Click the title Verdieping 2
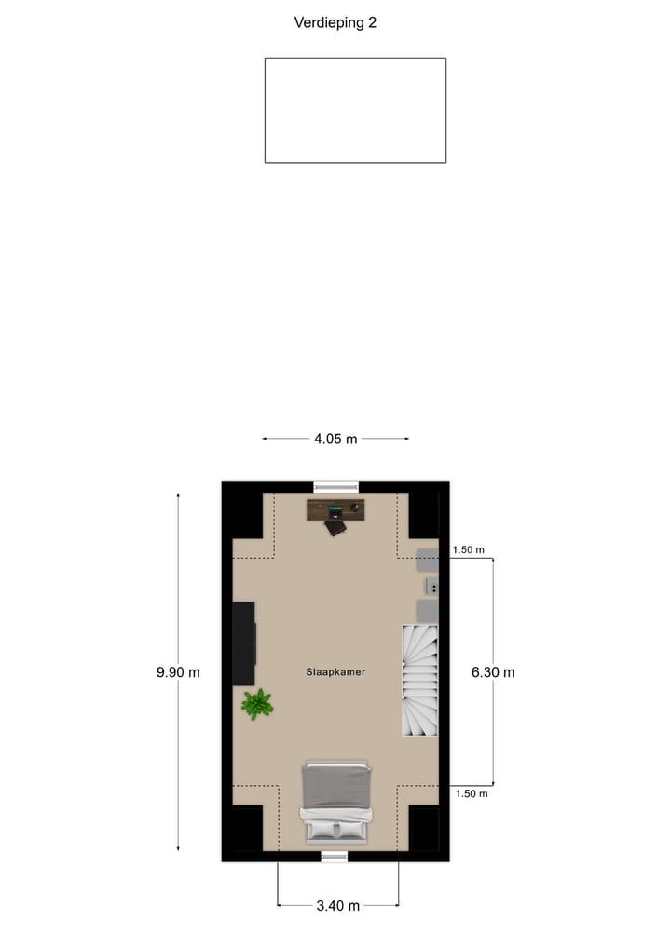point(335,23)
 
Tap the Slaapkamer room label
point(335,671)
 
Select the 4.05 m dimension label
point(335,439)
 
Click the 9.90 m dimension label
point(178,671)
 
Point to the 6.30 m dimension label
point(493,671)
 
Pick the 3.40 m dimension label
point(338,905)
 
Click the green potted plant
point(256,704)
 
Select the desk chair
point(335,527)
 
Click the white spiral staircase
point(419,680)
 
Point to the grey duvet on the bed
point(336,787)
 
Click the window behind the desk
point(335,486)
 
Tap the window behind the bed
point(335,856)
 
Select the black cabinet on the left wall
point(244,644)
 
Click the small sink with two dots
point(432,586)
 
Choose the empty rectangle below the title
point(355,110)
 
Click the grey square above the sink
point(427,560)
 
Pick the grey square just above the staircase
point(427,610)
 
